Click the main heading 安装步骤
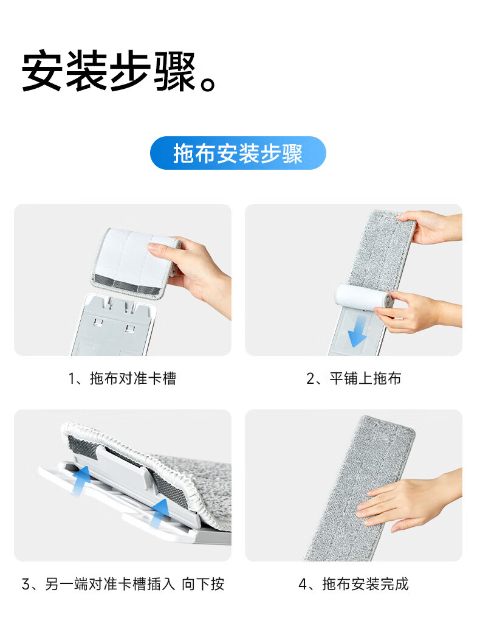click(109, 71)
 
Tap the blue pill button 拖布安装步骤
click(238, 153)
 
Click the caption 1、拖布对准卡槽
click(122, 379)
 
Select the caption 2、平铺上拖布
click(354, 379)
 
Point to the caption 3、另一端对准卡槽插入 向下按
click(123, 584)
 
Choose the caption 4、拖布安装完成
click(354, 584)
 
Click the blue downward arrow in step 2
click(357, 332)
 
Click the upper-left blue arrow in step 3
click(81, 480)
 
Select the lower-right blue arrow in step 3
click(159, 513)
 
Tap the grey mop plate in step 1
click(115, 325)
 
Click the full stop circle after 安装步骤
click(208, 83)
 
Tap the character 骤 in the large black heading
click(175, 71)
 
